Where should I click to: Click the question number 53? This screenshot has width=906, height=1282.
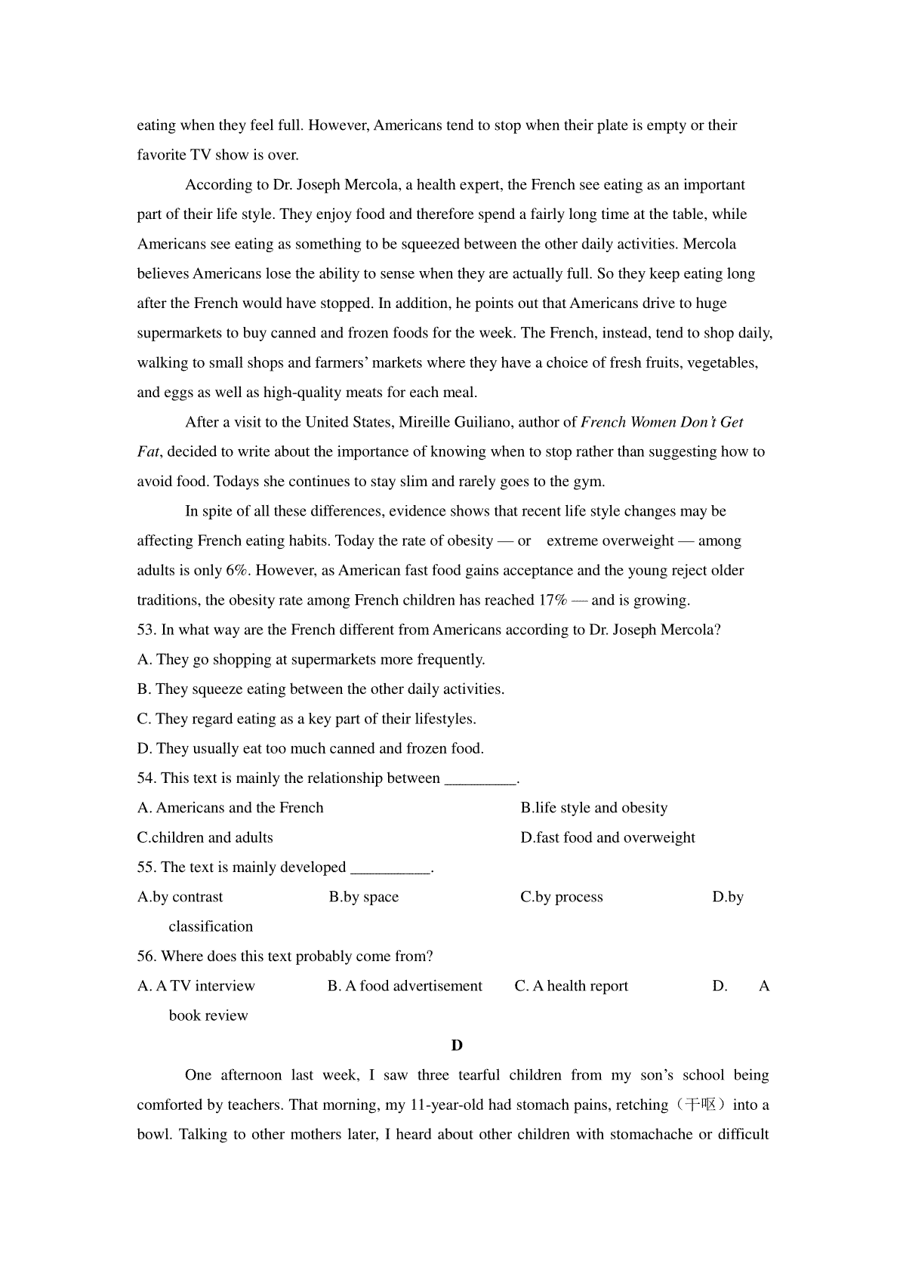(146, 630)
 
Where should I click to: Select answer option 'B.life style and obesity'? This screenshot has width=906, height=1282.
(593, 808)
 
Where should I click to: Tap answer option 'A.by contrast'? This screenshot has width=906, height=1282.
(180, 897)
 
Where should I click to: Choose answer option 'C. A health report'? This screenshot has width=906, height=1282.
(571, 986)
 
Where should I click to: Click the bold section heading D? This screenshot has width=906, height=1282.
(456, 1046)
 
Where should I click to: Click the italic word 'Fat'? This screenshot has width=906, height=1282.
(148, 452)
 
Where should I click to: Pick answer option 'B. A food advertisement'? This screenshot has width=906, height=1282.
(405, 986)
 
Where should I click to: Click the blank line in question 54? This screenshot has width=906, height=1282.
(479, 779)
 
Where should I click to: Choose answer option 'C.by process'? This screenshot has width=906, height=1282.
(561, 897)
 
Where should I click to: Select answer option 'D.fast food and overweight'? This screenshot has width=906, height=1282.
(607, 838)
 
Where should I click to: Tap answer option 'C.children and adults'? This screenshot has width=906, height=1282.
(205, 838)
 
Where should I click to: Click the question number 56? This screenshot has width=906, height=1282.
(146, 957)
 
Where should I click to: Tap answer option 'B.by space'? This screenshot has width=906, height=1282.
(363, 897)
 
